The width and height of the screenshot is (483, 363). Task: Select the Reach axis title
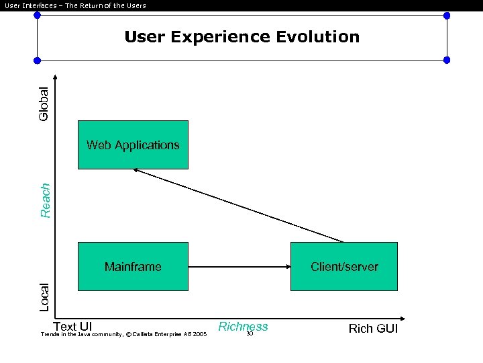(x=45, y=200)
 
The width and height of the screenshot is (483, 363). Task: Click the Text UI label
(x=72, y=327)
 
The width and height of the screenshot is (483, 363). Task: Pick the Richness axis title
(x=243, y=327)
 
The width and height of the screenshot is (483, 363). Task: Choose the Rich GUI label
(x=373, y=329)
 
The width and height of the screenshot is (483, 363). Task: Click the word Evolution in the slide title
(x=319, y=37)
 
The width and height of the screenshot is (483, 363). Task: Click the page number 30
(x=249, y=333)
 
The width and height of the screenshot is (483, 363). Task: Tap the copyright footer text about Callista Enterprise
(x=123, y=334)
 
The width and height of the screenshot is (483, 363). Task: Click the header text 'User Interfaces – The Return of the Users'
(x=75, y=6)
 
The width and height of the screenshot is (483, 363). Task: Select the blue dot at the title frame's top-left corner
(x=37, y=15)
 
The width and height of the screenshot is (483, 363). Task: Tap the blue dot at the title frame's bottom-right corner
(x=447, y=60)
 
